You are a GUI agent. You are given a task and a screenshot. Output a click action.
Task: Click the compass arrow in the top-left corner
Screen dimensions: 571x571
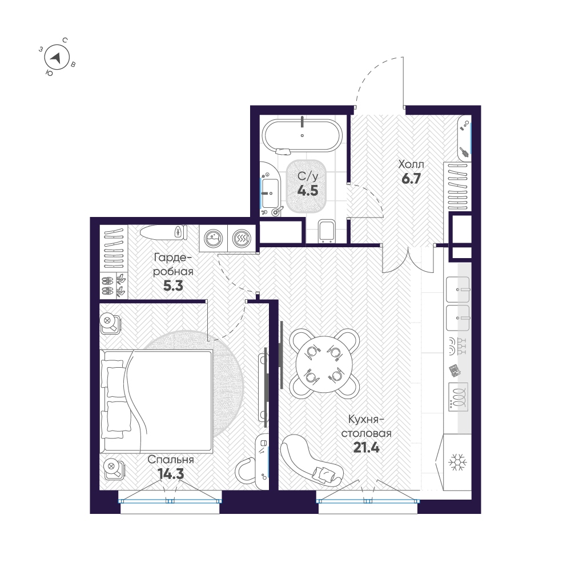point(56,57)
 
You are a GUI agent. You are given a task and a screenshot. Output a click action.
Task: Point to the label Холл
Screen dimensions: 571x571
point(411,166)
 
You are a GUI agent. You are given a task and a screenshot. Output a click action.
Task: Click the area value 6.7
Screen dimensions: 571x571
point(411,179)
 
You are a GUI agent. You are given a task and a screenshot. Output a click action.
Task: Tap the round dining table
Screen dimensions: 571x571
point(324,363)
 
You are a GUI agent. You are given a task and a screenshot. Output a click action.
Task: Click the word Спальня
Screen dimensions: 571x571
point(171,460)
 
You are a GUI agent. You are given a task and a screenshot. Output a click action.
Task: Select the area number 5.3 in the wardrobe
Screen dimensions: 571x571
point(173,286)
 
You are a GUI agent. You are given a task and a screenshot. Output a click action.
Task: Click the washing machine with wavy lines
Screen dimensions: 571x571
point(242,239)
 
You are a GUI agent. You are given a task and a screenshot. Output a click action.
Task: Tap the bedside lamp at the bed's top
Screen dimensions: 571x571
point(110,324)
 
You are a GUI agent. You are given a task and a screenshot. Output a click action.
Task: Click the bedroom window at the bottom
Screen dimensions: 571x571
point(170,500)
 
